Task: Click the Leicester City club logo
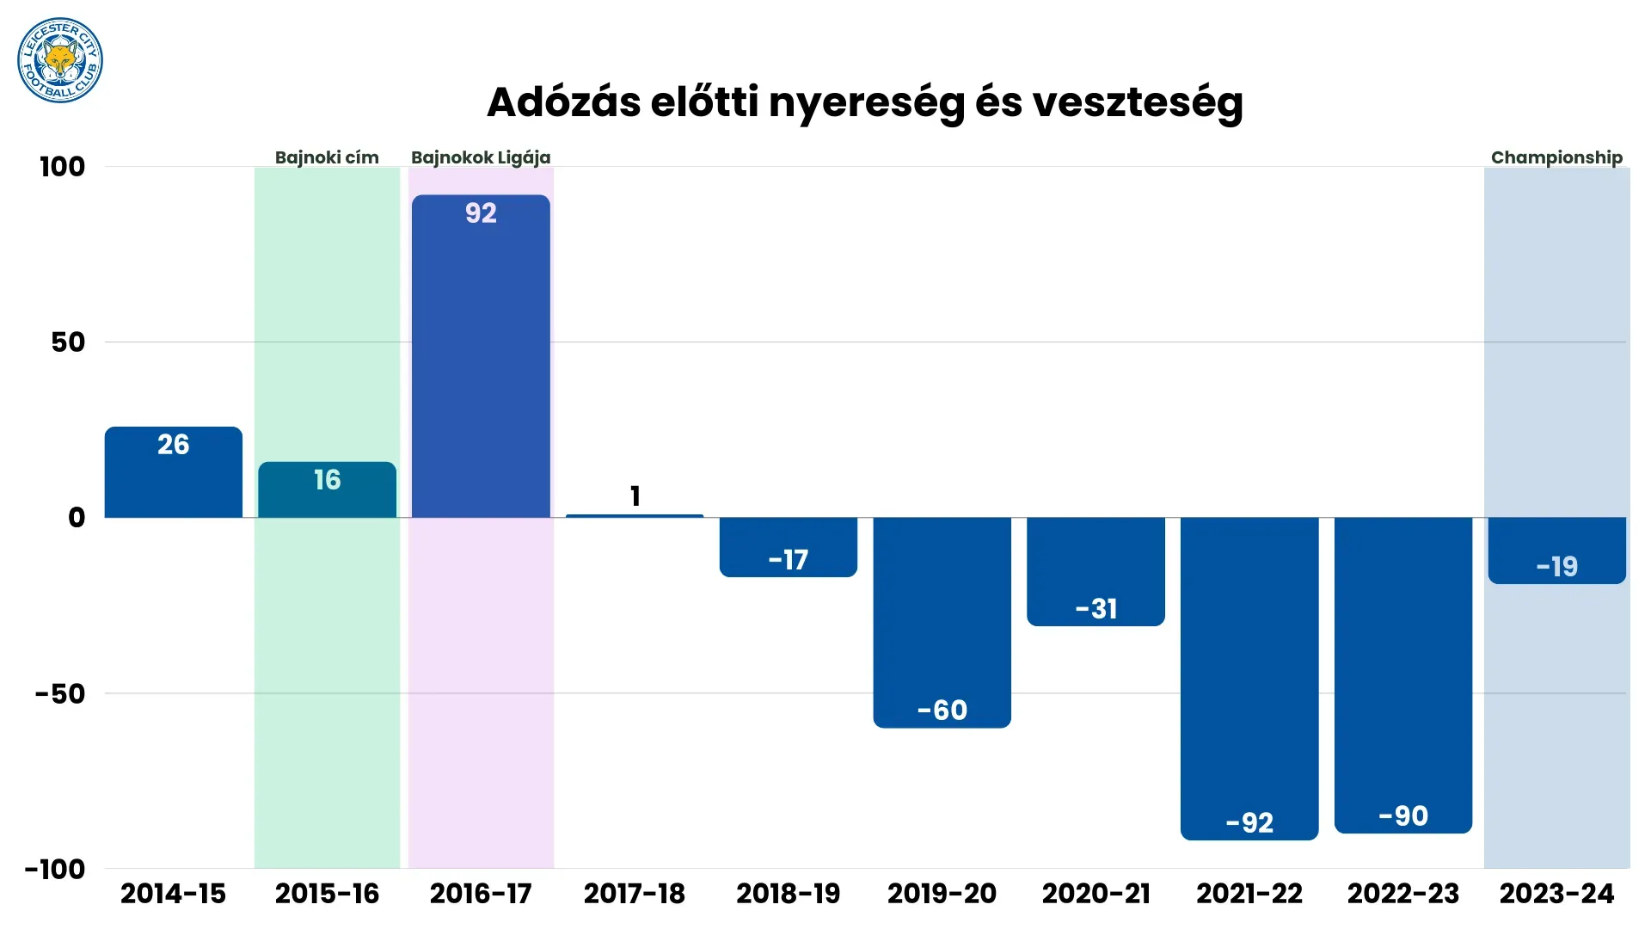click(60, 60)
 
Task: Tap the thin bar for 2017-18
click(635, 515)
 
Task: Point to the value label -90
click(1403, 815)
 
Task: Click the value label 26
click(173, 445)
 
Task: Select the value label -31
click(1096, 609)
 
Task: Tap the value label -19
click(1556, 566)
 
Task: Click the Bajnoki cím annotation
click(327, 157)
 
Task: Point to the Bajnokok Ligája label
click(481, 157)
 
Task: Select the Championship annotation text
click(1556, 157)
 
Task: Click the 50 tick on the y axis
click(68, 342)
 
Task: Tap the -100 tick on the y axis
click(55, 869)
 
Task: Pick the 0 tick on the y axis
click(77, 518)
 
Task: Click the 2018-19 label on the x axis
click(788, 894)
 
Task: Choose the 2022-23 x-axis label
click(1403, 894)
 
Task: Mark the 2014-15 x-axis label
click(173, 894)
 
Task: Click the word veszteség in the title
click(1137, 102)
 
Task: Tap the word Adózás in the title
click(563, 102)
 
